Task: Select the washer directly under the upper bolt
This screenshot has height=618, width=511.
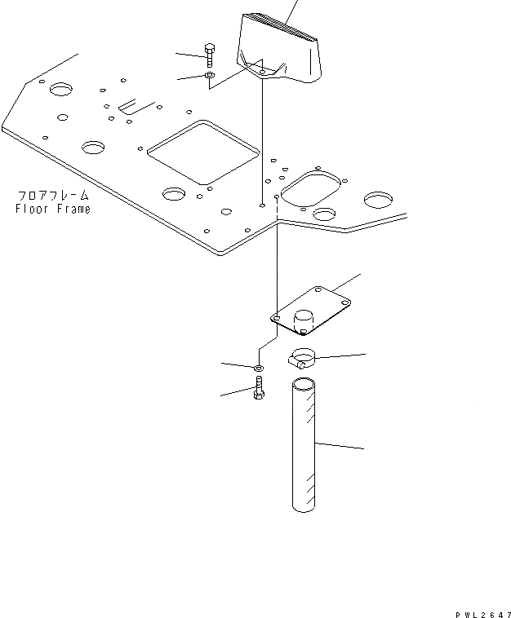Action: click(210, 76)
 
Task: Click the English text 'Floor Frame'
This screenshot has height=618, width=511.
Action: click(52, 210)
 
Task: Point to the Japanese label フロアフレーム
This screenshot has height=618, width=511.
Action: click(52, 196)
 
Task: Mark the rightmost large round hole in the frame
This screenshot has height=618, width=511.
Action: click(380, 199)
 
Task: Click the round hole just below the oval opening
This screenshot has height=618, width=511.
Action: click(324, 214)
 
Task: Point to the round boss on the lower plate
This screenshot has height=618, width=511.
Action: click(304, 320)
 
